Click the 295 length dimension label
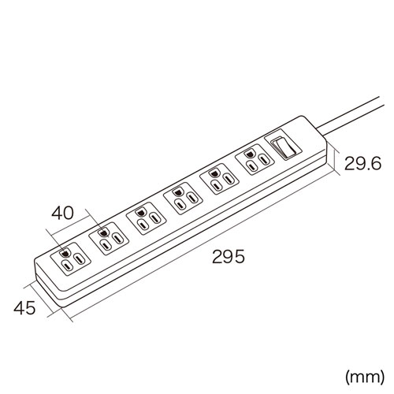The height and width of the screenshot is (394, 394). pos(229,256)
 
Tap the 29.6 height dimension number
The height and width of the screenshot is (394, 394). pos(362,163)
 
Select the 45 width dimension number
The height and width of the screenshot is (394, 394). pos(24,308)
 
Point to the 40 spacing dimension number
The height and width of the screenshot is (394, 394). pos(62,213)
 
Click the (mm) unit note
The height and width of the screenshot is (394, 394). pos(365,377)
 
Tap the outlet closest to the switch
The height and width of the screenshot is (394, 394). pos(255,159)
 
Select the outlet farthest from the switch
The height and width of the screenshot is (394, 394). pos(71,258)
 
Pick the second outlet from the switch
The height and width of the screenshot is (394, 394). pos(219,179)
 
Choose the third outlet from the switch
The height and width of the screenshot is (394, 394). pos(183,199)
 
